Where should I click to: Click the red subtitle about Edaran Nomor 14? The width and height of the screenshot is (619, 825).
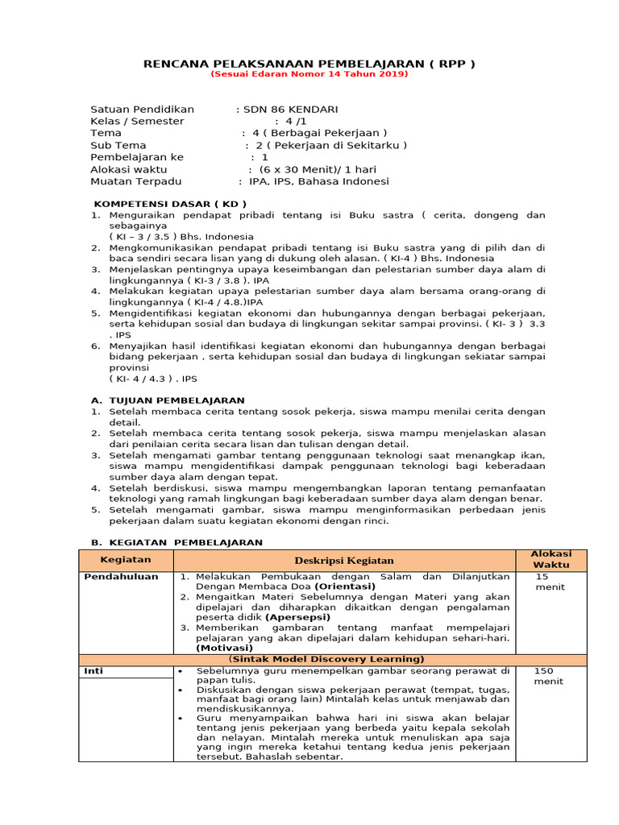click(x=309, y=74)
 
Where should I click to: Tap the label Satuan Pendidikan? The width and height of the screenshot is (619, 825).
click(x=142, y=109)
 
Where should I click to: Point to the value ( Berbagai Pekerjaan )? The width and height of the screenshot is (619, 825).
click(x=320, y=133)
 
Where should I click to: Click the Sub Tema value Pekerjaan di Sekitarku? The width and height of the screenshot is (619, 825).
click(x=331, y=145)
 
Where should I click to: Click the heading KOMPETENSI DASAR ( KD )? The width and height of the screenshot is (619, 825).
click(x=165, y=204)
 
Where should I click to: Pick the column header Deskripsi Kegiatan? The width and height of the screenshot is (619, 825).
click(x=343, y=560)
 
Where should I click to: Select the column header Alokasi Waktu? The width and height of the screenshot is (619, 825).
click(x=551, y=559)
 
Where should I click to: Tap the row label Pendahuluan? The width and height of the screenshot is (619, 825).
click(x=121, y=577)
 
